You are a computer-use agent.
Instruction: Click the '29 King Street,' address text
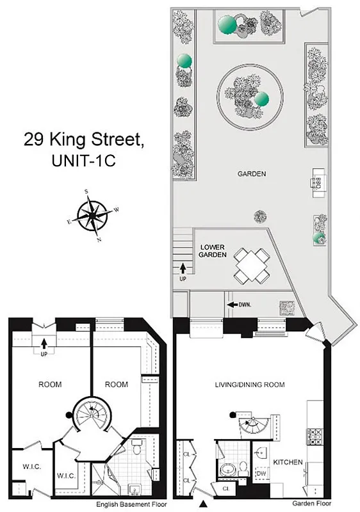tap(85, 138)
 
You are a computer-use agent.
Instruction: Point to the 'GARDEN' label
tap(252, 173)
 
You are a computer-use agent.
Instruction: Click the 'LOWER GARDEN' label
tap(212, 250)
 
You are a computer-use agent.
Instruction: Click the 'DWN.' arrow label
tap(240, 305)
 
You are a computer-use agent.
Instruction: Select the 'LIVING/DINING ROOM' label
tap(250, 385)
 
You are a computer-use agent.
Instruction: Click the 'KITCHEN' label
tap(288, 461)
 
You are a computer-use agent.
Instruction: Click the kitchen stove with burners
tap(316, 438)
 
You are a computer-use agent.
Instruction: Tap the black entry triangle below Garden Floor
tap(204, 504)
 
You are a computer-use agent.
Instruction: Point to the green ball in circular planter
tap(261, 99)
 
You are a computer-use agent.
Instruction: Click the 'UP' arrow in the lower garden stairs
tap(183, 272)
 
